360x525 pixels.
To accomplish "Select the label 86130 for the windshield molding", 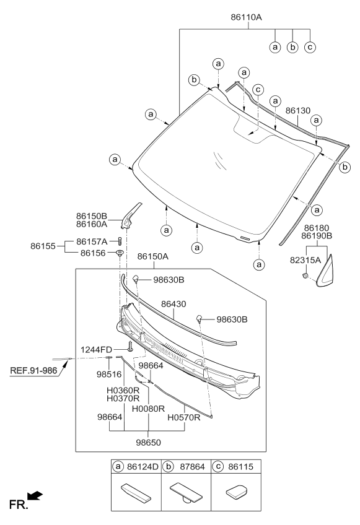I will [x=297, y=110].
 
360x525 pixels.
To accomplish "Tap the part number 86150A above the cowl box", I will [x=153, y=256].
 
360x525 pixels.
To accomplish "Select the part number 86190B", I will [x=317, y=236].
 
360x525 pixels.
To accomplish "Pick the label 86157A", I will [x=92, y=241].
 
